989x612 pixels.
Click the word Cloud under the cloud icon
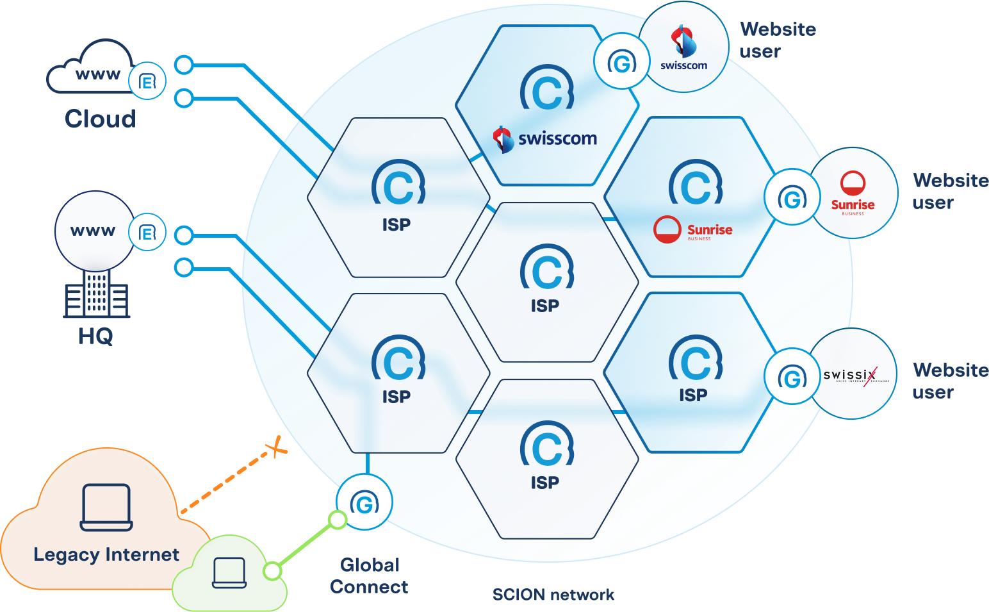[x=101, y=119]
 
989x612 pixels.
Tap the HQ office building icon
[x=96, y=294]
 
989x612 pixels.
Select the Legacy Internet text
[x=106, y=554]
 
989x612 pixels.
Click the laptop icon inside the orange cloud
[x=106, y=508]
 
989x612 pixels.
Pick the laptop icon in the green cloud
[x=229, y=572]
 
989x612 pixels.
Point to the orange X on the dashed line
[x=277, y=447]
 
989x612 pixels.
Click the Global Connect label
[x=370, y=576]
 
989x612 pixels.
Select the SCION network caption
[x=553, y=595]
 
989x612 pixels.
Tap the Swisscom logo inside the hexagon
[x=545, y=138]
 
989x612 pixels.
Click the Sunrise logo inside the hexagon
[x=693, y=229]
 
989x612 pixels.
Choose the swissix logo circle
[x=853, y=375]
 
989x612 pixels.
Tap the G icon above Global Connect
[x=364, y=503]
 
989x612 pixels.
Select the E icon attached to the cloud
[x=147, y=81]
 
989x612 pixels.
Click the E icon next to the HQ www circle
[x=147, y=233]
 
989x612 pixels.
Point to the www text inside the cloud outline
[x=97, y=74]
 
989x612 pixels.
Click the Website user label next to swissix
[x=950, y=381]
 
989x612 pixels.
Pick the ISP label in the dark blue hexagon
[x=693, y=395]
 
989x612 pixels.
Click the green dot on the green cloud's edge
[x=273, y=570]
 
